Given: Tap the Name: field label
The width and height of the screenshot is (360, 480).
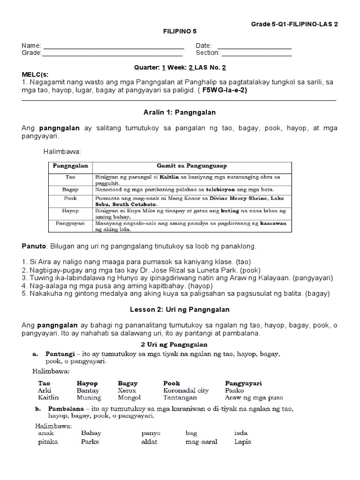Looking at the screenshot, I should (x=31, y=46).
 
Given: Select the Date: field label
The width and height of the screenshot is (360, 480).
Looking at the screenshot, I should (x=204, y=46).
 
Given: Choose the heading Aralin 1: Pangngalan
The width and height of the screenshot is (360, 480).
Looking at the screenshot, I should (x=180, y=112).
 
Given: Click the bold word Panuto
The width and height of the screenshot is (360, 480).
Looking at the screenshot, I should (x=33, y=247).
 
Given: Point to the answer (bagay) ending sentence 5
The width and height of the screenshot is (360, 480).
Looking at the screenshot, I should (x=319, y=294).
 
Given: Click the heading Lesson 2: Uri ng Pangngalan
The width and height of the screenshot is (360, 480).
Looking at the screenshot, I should (x=180, y=310).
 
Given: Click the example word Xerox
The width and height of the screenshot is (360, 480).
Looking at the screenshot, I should (x=127, y=390).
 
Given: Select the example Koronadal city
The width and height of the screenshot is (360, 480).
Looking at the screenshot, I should (x=186, y=390).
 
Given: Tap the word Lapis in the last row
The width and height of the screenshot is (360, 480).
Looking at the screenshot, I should (x=242, y=442).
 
